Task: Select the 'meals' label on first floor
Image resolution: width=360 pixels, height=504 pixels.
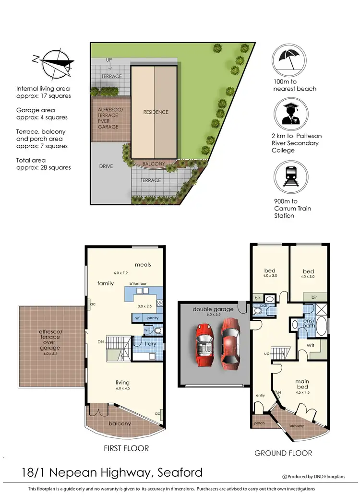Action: point(143,264)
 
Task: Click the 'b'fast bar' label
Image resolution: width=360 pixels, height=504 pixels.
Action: point(137,283)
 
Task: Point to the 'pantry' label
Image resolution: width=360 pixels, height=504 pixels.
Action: point(153,318)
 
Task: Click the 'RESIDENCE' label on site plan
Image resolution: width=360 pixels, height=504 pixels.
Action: point(156,112)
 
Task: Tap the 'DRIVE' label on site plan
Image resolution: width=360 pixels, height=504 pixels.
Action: point(106,166)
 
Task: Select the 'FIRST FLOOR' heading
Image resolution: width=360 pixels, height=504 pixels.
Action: point(126,448)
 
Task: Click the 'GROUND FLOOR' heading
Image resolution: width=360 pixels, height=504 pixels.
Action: point(283,453)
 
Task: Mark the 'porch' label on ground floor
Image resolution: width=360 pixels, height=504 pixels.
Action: point(259,423)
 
